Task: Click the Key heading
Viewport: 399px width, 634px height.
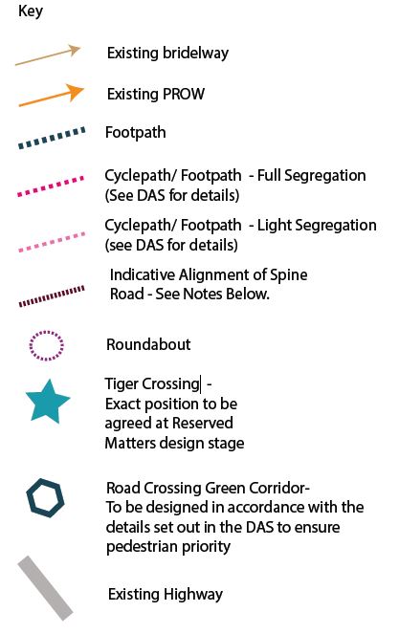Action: [31, 11]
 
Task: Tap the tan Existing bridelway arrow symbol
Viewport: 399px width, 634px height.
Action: [48, 55]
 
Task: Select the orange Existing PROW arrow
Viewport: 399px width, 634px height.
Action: [52, 96]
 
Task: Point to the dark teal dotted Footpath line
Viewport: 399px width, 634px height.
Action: [52, 138]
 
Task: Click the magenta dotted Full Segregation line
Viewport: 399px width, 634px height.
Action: [51, 186]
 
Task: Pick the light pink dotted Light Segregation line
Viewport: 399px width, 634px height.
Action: [52, 242]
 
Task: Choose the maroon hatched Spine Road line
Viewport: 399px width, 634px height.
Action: [52, 296]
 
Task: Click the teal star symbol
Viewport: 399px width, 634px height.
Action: [48, 402]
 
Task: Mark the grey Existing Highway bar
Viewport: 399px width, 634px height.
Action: [45, 588]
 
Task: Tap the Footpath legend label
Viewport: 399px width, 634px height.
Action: [136, 133]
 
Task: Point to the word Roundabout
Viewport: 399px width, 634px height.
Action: [148, 344]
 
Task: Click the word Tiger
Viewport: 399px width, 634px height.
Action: [122, 384]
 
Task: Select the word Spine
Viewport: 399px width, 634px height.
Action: [289, 275]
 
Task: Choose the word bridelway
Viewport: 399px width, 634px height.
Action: [195, 54]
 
